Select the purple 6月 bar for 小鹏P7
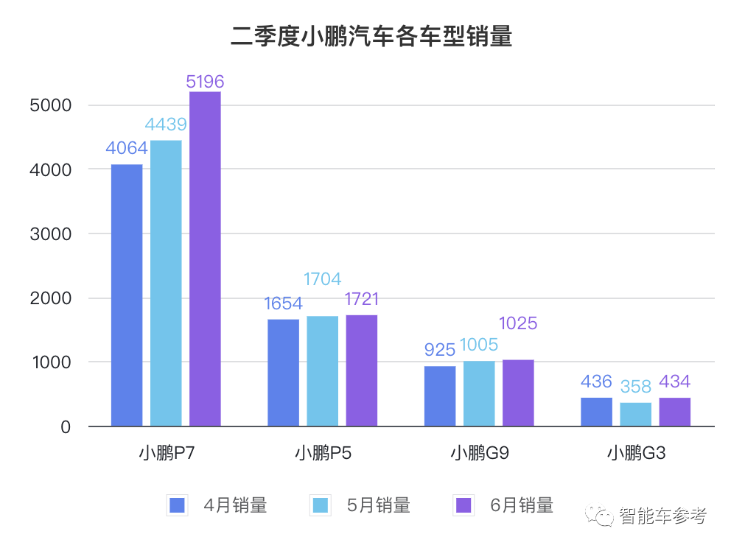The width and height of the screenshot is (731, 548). (205, 258)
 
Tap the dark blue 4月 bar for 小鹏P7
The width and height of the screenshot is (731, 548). (127, 295)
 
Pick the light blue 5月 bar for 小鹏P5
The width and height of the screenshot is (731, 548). (323, 370)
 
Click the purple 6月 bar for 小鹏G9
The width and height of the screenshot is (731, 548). (518, 393)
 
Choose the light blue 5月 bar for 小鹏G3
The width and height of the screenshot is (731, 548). (635, 414)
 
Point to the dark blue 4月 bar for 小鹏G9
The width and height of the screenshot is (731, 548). (440, 396)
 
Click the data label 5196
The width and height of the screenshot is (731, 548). (205, 82)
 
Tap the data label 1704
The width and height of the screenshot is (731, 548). (322, 279)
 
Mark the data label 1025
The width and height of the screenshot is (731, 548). (518, 323)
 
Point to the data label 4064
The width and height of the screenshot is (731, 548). (127, 149)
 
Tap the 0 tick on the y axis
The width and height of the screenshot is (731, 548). (65, 427)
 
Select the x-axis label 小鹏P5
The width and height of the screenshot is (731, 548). (323, 453)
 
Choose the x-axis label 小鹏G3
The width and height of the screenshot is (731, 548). (636, 453)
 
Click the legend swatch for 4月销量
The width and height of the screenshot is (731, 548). (177, 505)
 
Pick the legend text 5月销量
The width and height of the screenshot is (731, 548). (378, 505)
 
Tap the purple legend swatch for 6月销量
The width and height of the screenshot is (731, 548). (464, 505)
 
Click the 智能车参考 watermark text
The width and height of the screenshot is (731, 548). (662, 516)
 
